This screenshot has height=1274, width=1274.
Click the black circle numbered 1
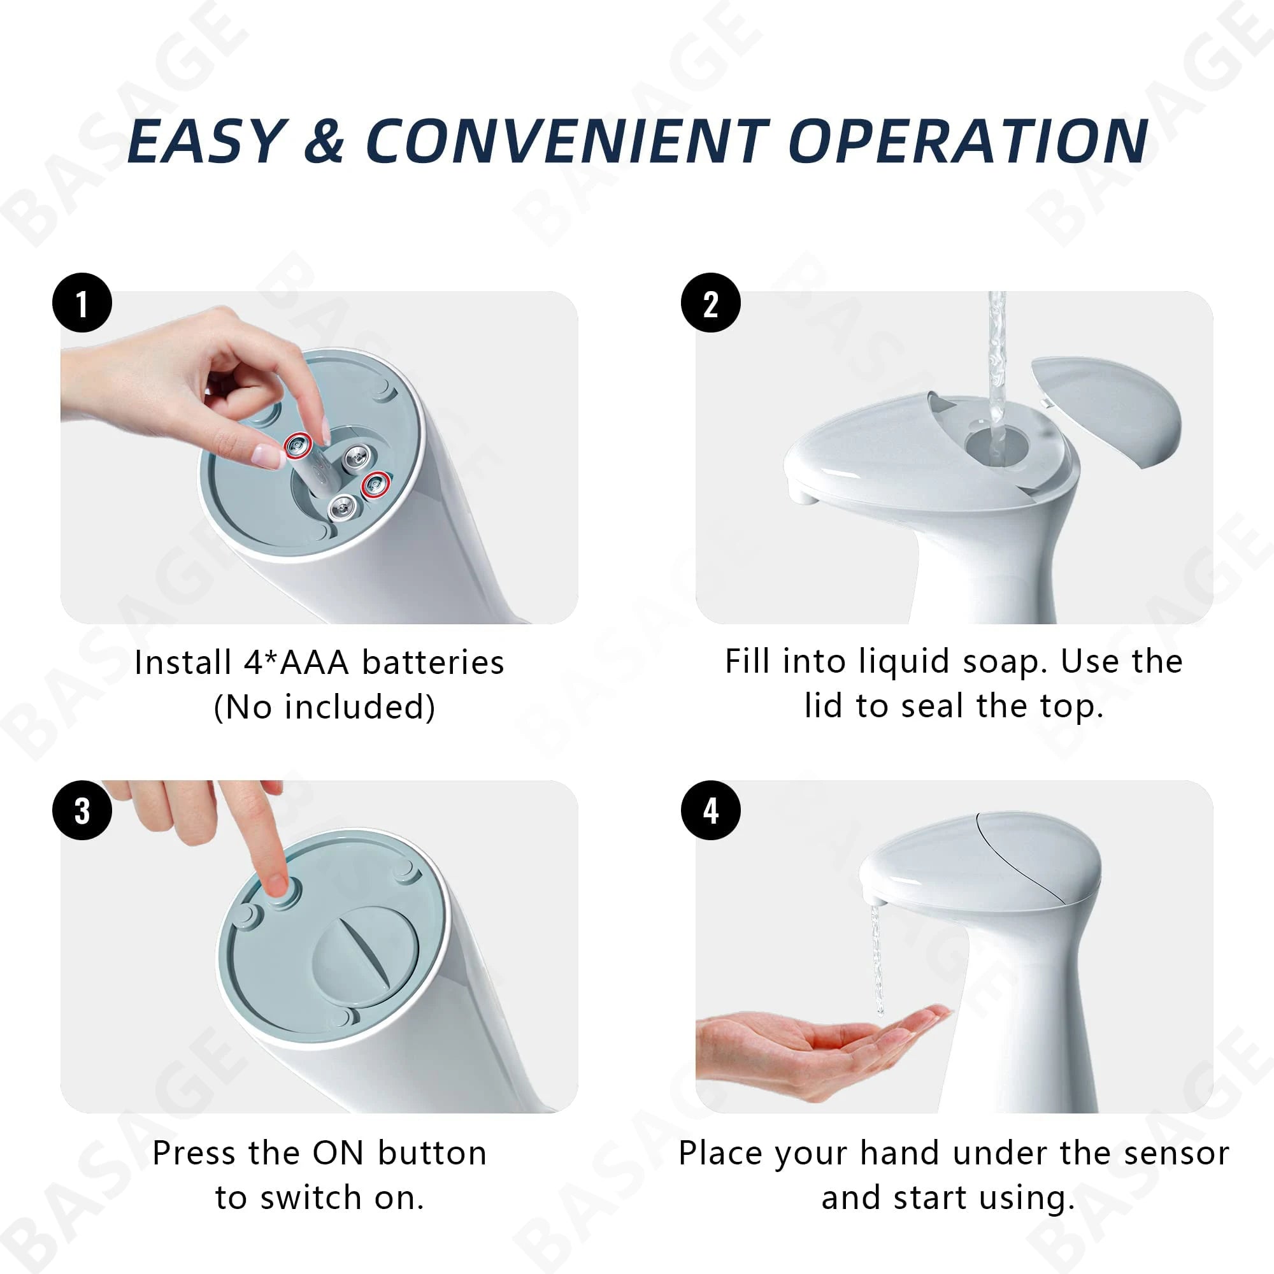pyautogui.click(x=82, y=303)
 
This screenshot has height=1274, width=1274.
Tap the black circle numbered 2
pyautogui.click(x=710, y=303)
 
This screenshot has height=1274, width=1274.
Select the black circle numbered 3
pyautogui.click(x=82, y=810)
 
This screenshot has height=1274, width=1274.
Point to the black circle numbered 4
pyautogui.click(x=710, y=810)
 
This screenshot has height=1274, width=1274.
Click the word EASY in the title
pyautogui.click(x=206, y=142)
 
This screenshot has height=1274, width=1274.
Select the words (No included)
pyautogui.click(x=324, y=708)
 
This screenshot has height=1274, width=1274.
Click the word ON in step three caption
pyautogui.click(x=338, y=1154)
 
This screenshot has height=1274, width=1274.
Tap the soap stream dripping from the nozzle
pyautogui.click(x=878, y=963)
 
